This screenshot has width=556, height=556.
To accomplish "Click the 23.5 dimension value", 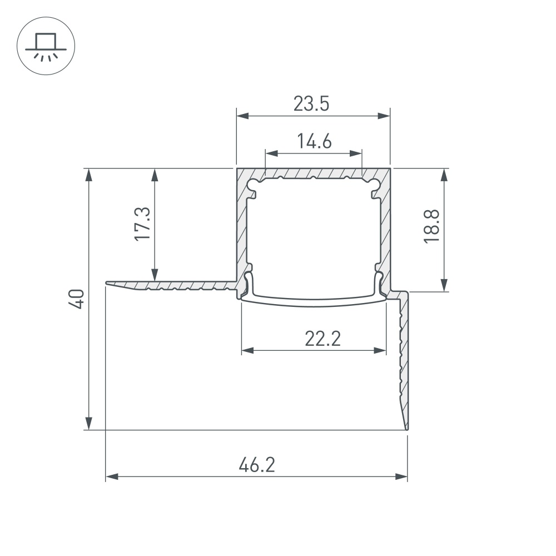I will [312, 104].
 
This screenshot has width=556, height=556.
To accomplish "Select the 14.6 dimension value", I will [313, 142].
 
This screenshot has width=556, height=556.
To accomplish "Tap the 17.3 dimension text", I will [142, 224].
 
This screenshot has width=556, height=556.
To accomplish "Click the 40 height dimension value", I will [77, 299].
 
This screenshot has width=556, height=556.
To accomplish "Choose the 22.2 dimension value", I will [322, 338].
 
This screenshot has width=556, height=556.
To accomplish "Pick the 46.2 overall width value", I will [256, 464].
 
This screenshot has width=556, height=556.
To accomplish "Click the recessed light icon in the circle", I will [46, 44].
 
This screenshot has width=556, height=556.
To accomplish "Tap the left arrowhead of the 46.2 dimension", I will [111, 476].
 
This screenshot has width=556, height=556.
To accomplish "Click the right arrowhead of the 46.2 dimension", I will [402, 476].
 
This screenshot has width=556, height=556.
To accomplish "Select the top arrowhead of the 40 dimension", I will [88, 175].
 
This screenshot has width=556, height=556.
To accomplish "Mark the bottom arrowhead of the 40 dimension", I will [88, 424].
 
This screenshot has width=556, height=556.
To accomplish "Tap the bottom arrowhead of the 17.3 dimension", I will [155, 276].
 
